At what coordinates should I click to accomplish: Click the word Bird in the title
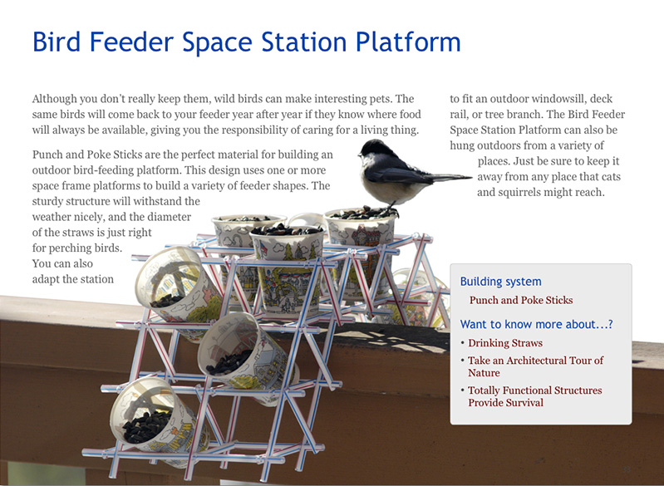click(57, 42)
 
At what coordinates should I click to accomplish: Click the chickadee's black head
click(373, 148)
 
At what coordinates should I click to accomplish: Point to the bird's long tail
click(450, 177)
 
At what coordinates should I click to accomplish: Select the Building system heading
click(500, 282)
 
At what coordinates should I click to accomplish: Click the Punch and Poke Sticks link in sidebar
click(521, 300)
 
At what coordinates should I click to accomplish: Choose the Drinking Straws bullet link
click(505, 343)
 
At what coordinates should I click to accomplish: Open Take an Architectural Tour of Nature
click(536, 366)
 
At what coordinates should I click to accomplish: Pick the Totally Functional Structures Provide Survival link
click(535, 396)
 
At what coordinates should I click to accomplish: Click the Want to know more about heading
click(537, 324)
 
